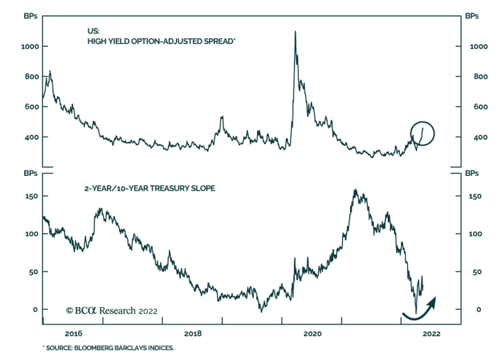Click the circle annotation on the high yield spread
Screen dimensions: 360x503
(422, 134)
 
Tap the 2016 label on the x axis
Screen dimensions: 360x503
(74, 334)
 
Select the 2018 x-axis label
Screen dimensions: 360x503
(193, 334)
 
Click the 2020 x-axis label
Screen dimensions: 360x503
(312, 334)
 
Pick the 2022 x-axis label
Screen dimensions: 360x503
(431, 334)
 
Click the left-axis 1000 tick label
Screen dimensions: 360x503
(30, 46)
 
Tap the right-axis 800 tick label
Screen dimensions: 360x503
(481, 77)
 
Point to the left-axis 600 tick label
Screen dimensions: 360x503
(32, 107)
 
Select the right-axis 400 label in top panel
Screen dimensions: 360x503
(481, 137)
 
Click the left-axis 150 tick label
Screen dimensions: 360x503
(31, 196)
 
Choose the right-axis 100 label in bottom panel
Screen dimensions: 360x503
(475, 234)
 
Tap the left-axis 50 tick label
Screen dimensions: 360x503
(33, 272)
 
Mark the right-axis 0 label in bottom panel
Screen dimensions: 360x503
(478, 310)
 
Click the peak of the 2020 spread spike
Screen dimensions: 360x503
(295, 31)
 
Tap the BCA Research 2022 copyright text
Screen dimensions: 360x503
(112, 311)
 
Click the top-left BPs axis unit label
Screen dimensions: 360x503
(30, 16)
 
